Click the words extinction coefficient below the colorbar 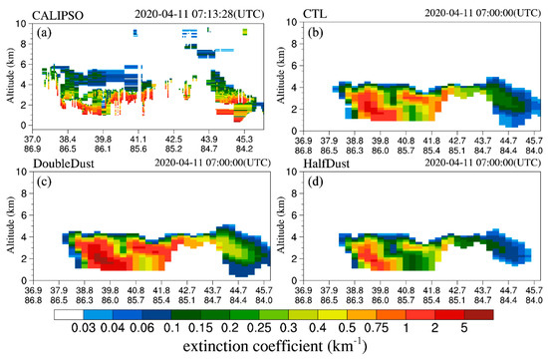tap(261, 346)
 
